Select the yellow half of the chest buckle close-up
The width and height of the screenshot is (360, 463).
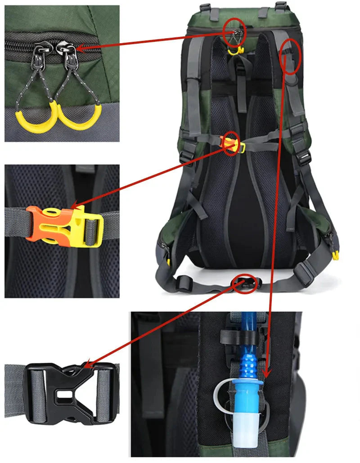click(x=85, y=227)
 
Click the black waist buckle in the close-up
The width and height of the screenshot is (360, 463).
click(x=67, y=392)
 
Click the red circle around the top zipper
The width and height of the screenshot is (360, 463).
click(x=234, y=31)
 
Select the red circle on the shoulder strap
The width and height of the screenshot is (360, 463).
click(x=290, y=56)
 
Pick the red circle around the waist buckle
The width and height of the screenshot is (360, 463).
click(x=246, y=283)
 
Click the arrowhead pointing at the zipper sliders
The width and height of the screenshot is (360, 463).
click(x=80, y=48)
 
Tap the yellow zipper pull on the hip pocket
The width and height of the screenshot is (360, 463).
click(x=335, y=256)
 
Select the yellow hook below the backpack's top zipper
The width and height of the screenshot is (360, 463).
click(x=234, y=51)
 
